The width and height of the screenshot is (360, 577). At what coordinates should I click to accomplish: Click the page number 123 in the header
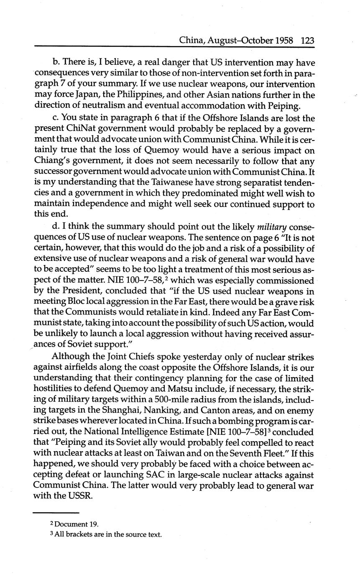point(307,41)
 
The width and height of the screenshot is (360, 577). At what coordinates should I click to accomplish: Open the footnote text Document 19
point(71,524)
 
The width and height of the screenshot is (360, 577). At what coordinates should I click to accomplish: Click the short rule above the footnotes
point(56,513)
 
